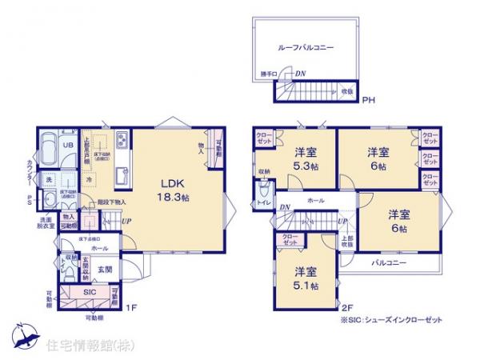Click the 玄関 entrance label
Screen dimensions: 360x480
[x=105, y=270]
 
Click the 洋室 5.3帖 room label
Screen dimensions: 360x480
[x=305, y=158]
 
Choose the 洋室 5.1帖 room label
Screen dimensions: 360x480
[x=305, y=278]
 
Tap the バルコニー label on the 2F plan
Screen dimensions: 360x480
[x=390, y=262]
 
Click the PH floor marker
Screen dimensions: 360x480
[x=368, y=101]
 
